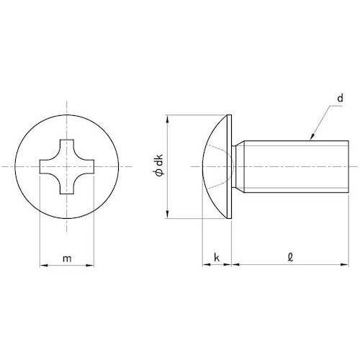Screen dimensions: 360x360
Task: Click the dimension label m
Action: [x=67, y=258]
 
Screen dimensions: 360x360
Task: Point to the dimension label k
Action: [x=217, y=257]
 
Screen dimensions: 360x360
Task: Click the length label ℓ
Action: [x=288, y=256]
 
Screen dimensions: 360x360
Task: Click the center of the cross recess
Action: [x=66, y=166]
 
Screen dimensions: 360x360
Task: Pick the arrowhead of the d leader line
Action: [x=311, y=138]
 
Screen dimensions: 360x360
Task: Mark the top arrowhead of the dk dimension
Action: [x=168, y=117]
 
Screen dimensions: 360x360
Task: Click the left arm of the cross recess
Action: [x=45, y=166]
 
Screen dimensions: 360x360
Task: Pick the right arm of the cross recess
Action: [x=88, y=166]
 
